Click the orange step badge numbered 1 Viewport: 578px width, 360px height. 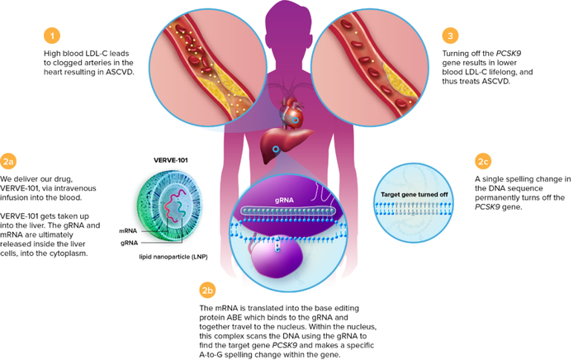tap(52, 36)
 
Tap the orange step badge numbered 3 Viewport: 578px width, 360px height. tap(450, 36)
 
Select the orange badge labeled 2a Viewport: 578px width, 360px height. tap(9, 162)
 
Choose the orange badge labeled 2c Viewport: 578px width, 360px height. tap(483, 161)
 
